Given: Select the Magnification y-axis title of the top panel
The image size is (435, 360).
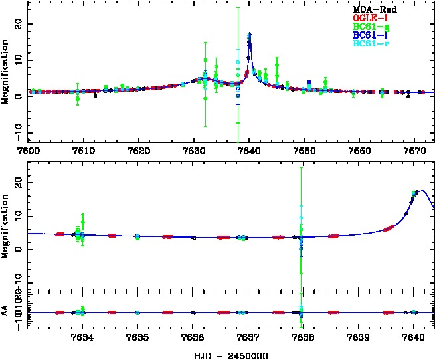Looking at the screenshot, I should pyautogui.click(x=6, y=71).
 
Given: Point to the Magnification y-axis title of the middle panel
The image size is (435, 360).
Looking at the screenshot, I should pyautogui.click(x=6, y=225).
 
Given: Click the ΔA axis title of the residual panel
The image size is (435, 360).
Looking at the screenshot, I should pyautogui.click(x=6, y=312).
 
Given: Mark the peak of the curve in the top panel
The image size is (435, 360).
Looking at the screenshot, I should pyautogui.click(x=249, y=34).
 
